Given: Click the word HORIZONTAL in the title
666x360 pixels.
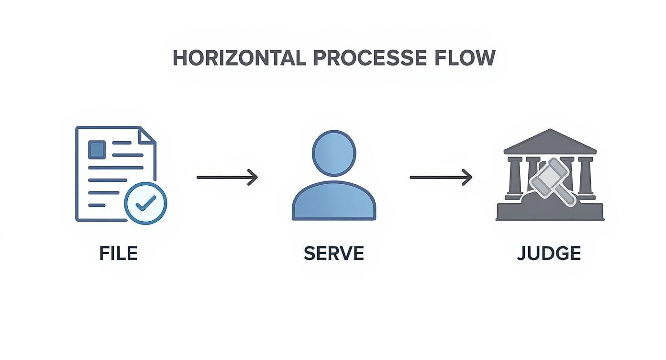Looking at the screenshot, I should coord(239,58).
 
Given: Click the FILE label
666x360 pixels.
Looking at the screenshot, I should coord(118,253).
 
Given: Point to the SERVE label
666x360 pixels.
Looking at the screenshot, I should coord(333,253).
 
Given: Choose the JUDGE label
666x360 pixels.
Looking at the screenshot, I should coord(549,253).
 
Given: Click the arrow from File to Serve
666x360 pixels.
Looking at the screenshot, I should coord(227,178).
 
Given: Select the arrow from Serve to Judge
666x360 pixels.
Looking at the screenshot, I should coord(440,178).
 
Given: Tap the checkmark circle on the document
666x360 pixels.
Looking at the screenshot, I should coord(145,203).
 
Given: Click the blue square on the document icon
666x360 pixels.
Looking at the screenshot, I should coord(97,149).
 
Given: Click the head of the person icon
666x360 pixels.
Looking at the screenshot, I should coord(334,152).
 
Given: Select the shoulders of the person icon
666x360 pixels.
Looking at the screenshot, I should coord(334,203).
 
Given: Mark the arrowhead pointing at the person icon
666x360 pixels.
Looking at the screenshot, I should coord(254,178).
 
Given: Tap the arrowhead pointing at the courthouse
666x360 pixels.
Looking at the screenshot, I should coord(468,178).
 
